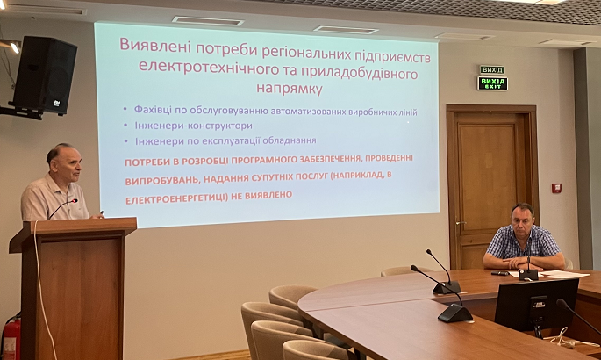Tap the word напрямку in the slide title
[289, 88]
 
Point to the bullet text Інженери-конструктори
[194, 126]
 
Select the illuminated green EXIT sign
[492, 83]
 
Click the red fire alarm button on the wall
[556, 188]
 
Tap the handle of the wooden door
[459, 223]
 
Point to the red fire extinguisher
[11, 335]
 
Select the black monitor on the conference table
[537, 305]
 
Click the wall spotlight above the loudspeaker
[14, 47]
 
